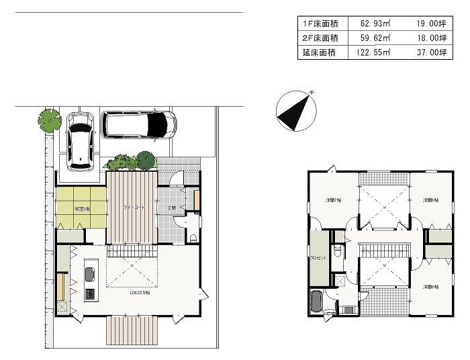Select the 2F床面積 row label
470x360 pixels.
pyautogui.click(x=320, y=38)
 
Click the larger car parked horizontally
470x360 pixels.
pyautogui.click(x=138, y=124)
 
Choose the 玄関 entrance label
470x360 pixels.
pyautogui.click(x=172, y=208)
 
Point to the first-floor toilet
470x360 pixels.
pyautogui.click(x=193, y=237)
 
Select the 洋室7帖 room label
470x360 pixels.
pyautogui.click(x=333, y=200)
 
